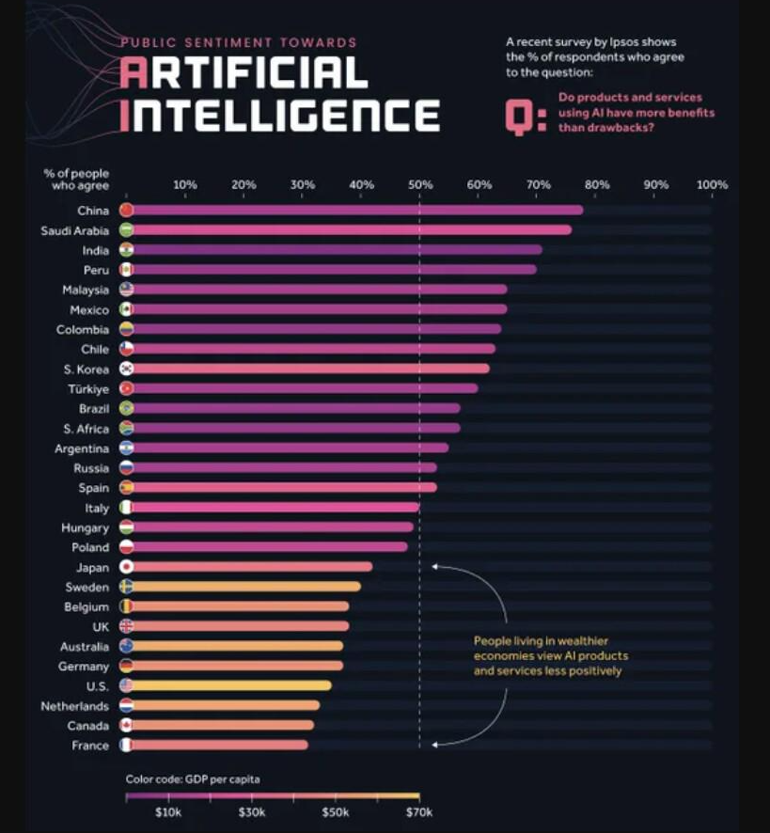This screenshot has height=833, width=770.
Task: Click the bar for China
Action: pyautogui.click(x=357, y=210)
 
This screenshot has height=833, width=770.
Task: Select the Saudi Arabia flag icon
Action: pyautogui.click(x=127, y=230)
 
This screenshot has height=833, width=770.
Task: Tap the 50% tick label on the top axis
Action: pyautogui.click(x=420, y=185)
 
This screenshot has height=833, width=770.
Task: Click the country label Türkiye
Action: pyautogui.click(x=90, y=389)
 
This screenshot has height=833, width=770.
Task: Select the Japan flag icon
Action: pyautogui.click(x=127, y=567)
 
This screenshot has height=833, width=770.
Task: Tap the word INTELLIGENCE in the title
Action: pyautogui.click(x=281, y=115)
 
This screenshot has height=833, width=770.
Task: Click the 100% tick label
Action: pyautogui.click(x=712, y=185)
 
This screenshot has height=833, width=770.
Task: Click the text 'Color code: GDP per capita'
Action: pyautogui.click(x=193, y=779)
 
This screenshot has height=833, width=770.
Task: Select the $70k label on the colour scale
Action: pyautogui.click(x=418, y=812)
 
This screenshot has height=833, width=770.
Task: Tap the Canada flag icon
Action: pyautogui.click(x=127, y=726)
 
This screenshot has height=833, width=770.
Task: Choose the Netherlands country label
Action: pyautogui.click(x=75, y=706)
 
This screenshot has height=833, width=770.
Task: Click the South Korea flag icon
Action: pyautogui.click(x=127, y=369)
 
